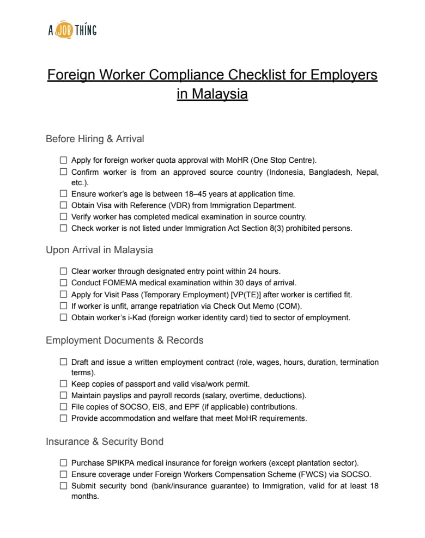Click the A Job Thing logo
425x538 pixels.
(72, 30)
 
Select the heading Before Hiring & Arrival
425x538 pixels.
(95, 139)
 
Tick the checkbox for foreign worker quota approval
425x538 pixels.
(64, 160)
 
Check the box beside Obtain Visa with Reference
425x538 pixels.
(64, 205)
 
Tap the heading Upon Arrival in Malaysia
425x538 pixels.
(99, 250)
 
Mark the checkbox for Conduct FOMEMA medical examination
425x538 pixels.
(64, 283)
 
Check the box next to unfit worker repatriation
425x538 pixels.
(64, 306)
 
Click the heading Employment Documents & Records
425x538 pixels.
(124, 340)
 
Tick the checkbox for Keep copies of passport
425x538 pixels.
(64, 384)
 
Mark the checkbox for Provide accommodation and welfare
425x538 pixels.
(64, 418)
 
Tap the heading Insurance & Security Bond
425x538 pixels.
(105, 442)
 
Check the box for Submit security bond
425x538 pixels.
(64, 486)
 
